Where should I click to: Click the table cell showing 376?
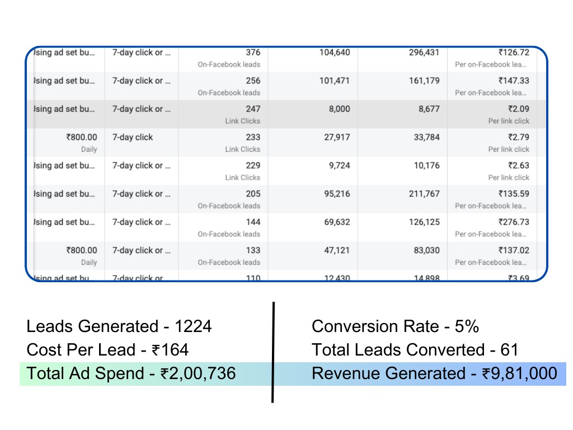tap(253, 53)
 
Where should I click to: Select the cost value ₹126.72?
tap(514, 53)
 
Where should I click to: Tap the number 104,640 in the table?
tap(335, 53)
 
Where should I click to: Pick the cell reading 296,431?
tap(424, 53)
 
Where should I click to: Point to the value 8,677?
tap(428, 109)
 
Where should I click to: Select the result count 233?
tap(253, 137)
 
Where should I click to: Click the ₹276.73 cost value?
tap(514, 222)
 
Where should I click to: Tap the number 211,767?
tap(424, 194)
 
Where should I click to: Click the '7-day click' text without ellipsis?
tap(133, 137)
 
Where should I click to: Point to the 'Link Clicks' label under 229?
tap(243, 177)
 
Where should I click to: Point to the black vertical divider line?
tap(273, 353)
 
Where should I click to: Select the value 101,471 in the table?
tap(335, 81)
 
